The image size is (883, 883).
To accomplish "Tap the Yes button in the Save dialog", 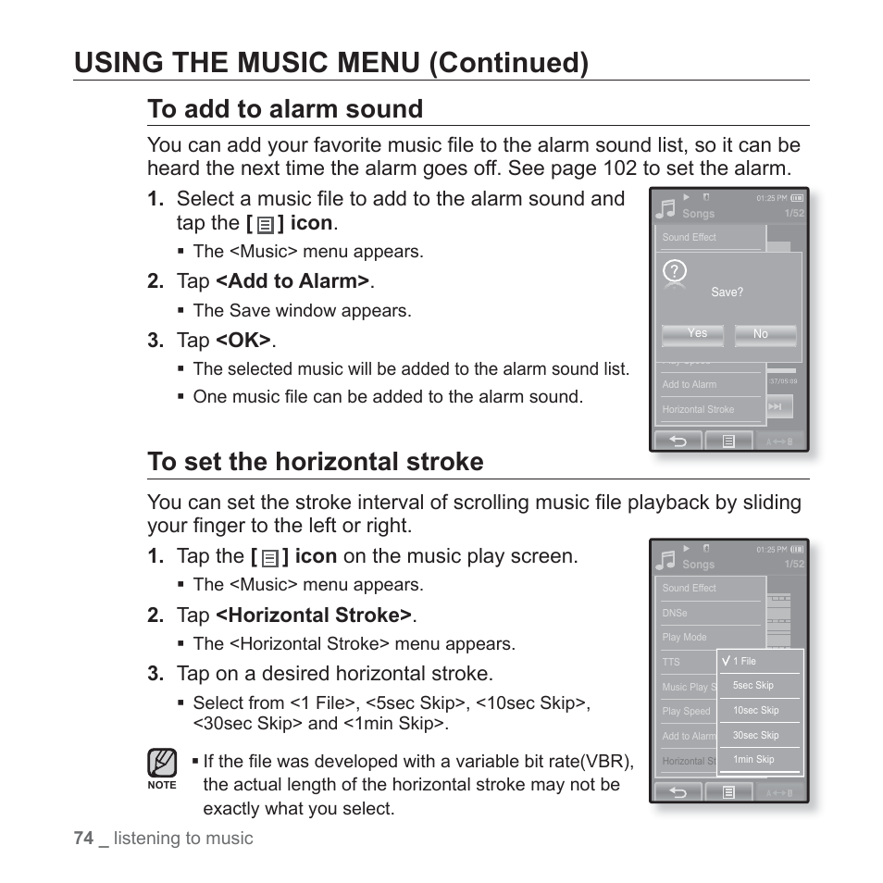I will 697,334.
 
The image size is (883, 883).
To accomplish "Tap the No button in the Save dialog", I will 765,334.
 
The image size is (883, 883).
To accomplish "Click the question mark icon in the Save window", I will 676,271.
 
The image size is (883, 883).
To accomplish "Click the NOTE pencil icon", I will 162,764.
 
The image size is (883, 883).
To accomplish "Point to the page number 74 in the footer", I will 83,838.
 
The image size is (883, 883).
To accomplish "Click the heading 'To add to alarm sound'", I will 285,109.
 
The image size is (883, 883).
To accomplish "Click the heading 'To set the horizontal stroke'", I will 315,462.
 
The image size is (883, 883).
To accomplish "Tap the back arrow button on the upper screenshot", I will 678,441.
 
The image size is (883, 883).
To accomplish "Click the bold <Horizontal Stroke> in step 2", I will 315,616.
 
